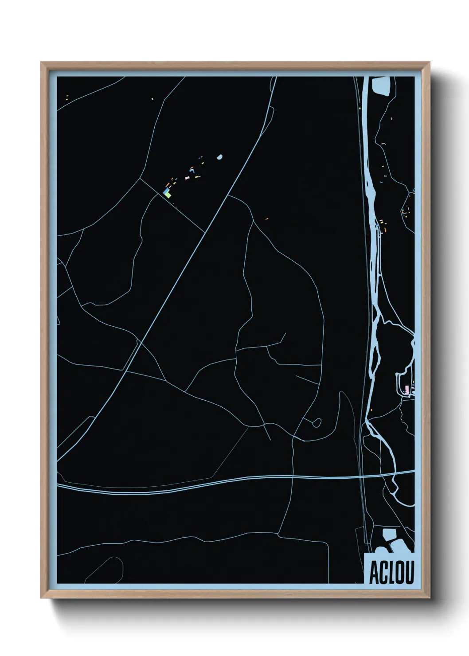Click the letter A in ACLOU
[373, 574]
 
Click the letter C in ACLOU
[382, 574]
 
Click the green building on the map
[167, 194]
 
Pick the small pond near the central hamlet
[219, 157]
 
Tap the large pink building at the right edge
[406, 389]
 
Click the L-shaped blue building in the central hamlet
[192, 170]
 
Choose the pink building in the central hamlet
[187, 177]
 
